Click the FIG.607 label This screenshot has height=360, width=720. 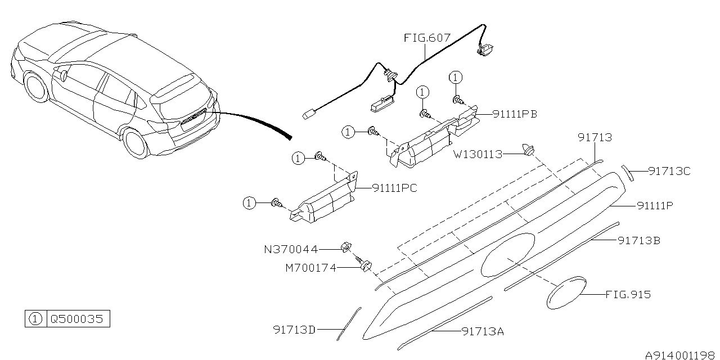click(x=427, y=38)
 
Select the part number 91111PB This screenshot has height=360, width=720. click(x=515, y=114)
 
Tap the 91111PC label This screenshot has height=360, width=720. click(x=394, y=188)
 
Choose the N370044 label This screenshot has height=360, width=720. click(x=291, y=249)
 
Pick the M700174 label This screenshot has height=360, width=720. click(x=310, y=268)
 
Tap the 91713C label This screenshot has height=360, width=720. click(x=669, y=171)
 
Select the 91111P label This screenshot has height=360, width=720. click(x=655, y=206)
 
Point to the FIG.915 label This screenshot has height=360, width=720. click(x=628, y=294)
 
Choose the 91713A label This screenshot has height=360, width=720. click(x=483, y=331)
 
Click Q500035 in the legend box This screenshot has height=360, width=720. click(x=76, y=319)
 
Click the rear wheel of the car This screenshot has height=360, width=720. click(x=136, y=142)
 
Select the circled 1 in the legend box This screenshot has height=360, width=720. click(x=35, y=319)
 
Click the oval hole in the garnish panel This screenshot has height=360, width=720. click(x=507, y=254)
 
